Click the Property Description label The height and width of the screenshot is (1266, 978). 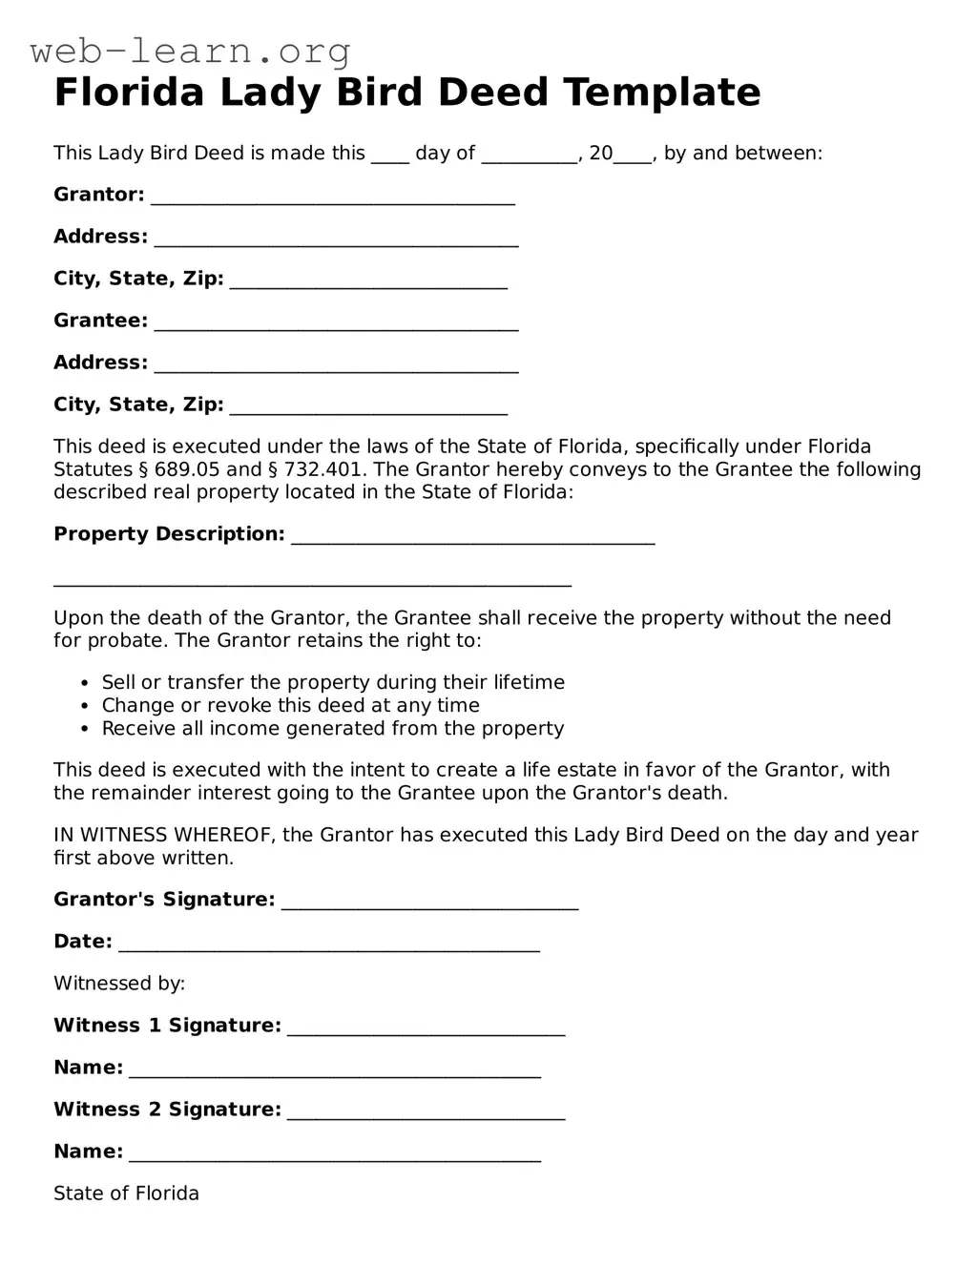click(169, 534)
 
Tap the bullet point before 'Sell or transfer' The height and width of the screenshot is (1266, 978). click(83, 683)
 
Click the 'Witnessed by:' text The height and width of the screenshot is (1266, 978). click(119, 984)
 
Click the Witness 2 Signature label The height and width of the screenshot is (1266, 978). click(167, 1110)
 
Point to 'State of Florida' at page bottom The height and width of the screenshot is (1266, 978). click(126, 1193)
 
